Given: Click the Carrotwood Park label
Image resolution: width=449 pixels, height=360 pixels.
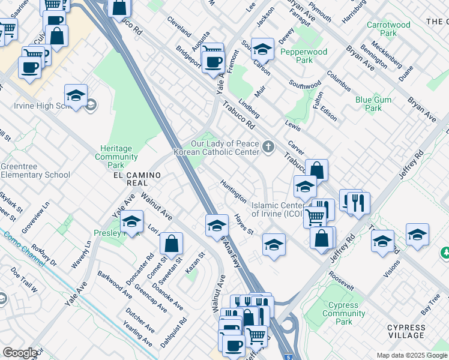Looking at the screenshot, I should point(388,29).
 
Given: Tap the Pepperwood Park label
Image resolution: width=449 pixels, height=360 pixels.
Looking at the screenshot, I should point(304,56).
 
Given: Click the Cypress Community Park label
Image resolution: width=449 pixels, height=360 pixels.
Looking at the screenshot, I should point(344,313).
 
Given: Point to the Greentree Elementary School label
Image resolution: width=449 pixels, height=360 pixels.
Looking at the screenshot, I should point(35,170).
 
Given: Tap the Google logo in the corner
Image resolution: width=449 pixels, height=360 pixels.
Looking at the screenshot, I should point(20,353).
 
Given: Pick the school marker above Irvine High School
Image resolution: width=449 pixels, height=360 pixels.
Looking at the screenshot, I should point(76,95).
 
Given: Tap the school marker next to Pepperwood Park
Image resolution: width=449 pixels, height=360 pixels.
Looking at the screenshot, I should point(262,48).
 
